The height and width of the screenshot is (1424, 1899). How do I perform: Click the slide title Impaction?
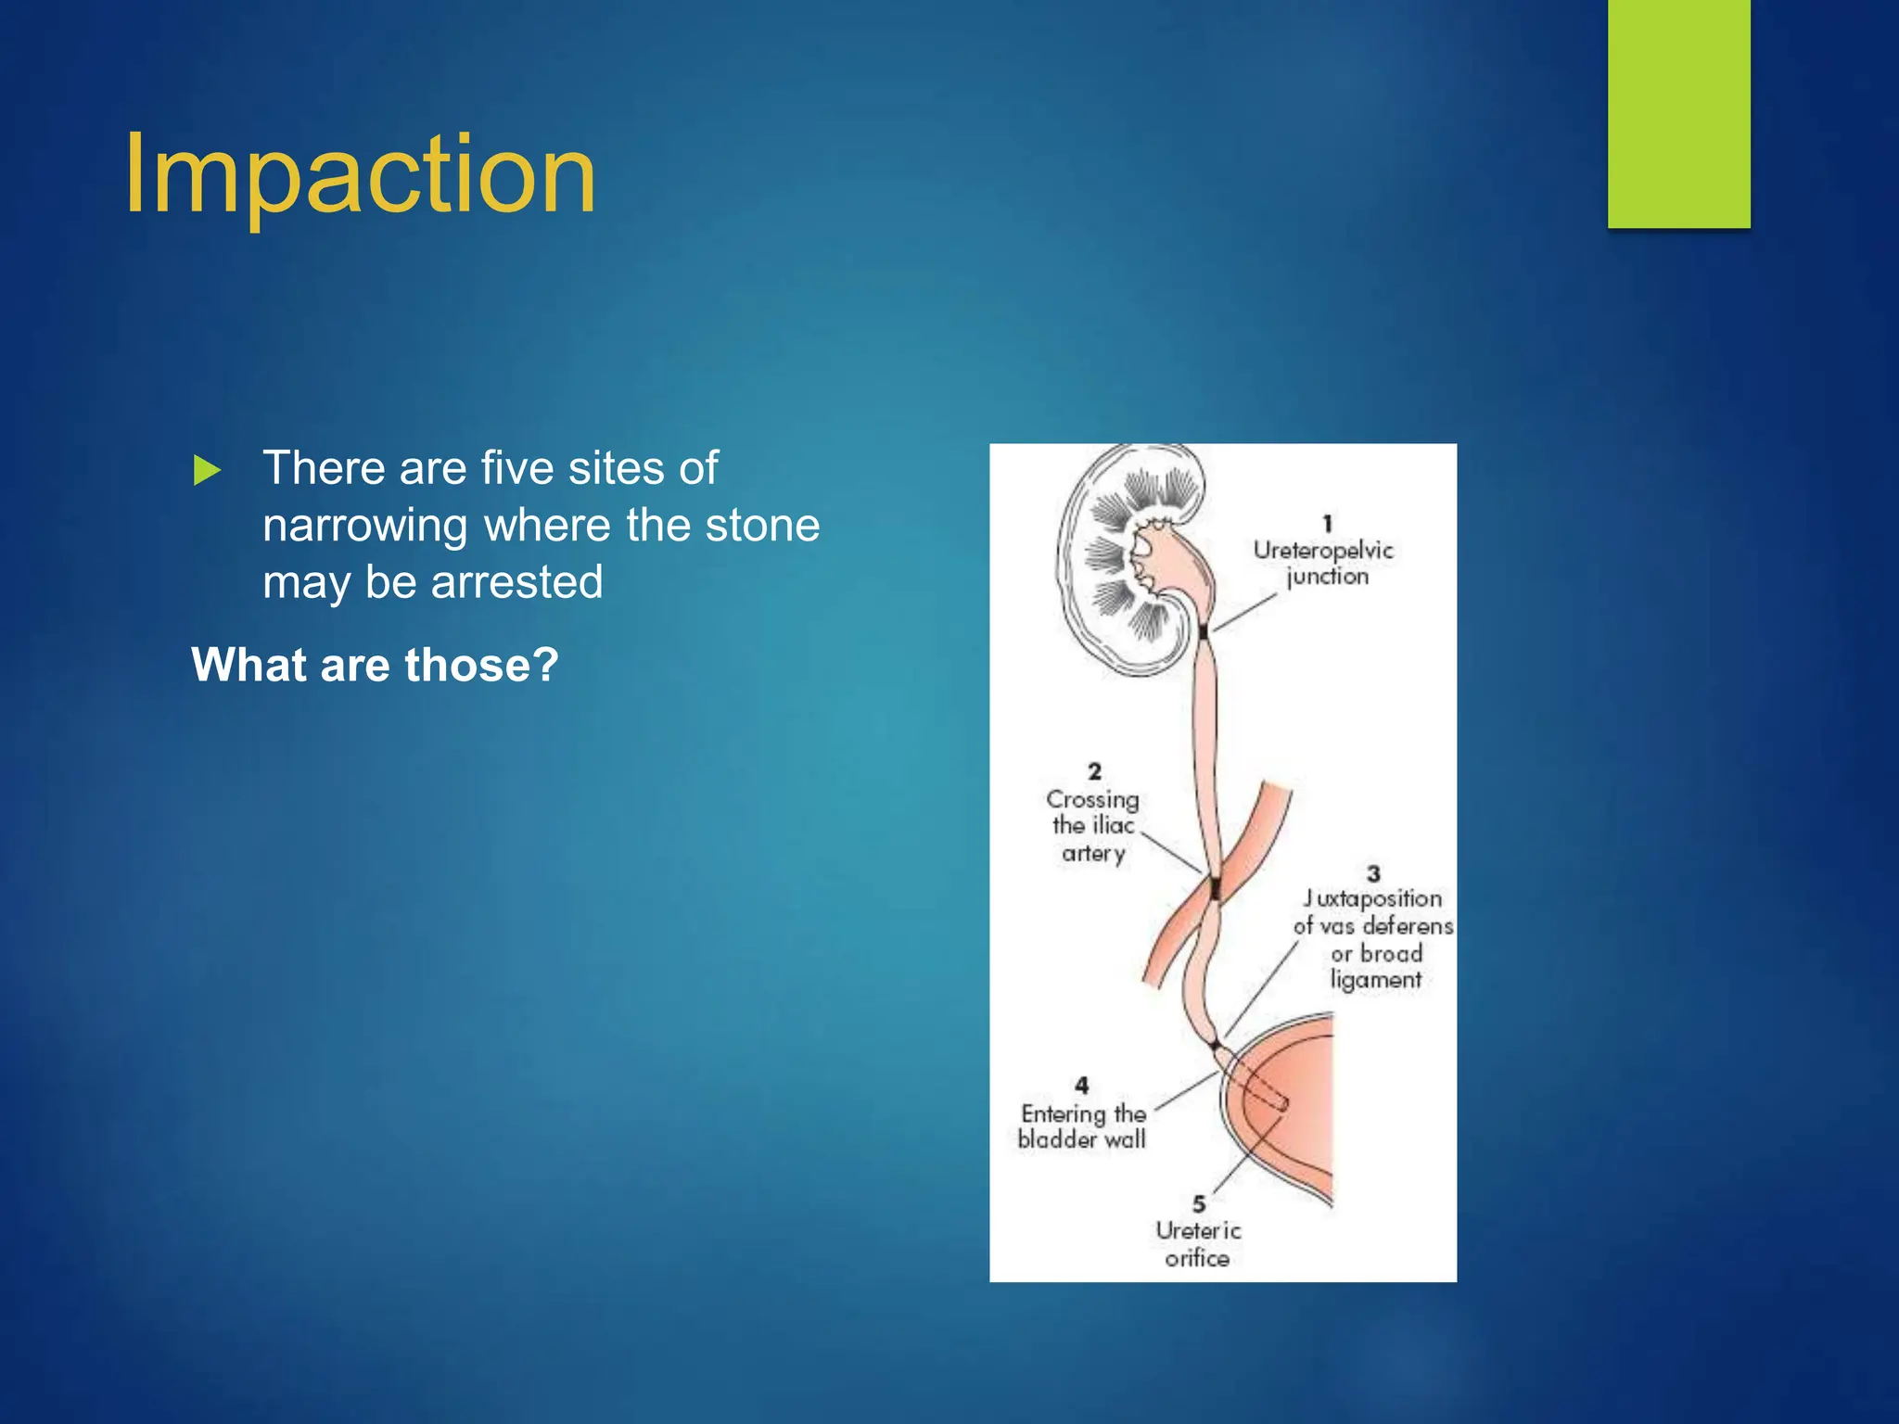(x=360, y=174)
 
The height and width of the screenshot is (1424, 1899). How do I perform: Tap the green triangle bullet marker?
(x=207, y=471)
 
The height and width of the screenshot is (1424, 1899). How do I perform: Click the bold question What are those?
(x=375, y=665)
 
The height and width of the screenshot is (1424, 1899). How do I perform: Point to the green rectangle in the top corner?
(x=1678, y=113)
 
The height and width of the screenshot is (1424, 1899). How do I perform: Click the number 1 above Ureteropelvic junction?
(x=1327, y=524)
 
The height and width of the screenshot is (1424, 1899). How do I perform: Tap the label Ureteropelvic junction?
(x=1323, y=563)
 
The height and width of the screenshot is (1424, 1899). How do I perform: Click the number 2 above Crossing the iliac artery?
(x=1095, y=771)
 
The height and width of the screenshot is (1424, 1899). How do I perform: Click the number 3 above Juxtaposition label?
(x=1373, y=873)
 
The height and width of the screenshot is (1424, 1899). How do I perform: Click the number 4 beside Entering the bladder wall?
(x=1081, y=1085)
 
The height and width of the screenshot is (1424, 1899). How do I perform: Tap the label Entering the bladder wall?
(x=1082, y=1126)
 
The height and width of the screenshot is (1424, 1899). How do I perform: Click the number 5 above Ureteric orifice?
(x=1199, y=1203)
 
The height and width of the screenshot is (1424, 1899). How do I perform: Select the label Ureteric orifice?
(x=1197, y=1244)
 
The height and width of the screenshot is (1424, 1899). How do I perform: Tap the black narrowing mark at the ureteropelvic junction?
(x=1204, y=632)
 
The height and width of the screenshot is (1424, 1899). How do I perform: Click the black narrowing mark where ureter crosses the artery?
(x=1215, y=888)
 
